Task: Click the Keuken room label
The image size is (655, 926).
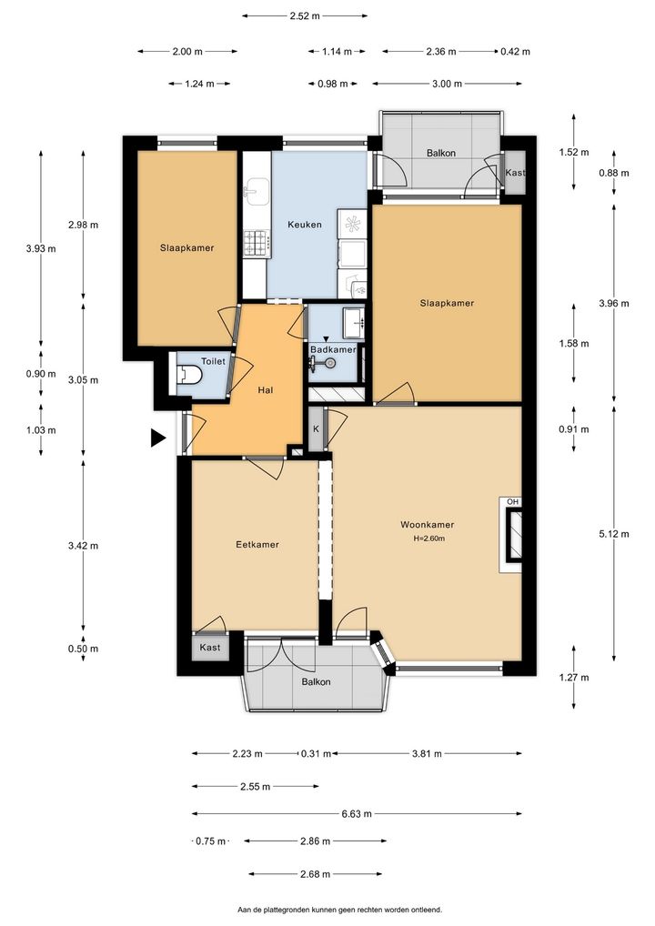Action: [x=305, y=225]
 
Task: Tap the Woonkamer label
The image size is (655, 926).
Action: [x=427, y=525]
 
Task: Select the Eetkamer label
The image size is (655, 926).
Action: [x=257, y=545]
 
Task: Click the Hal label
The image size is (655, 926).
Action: [x=266, y=389]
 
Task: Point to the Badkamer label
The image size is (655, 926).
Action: [x=333, y=349]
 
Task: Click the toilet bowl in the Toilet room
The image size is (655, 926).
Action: [x=189, y=374]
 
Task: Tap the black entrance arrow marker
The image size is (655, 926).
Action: [x=157, y=438]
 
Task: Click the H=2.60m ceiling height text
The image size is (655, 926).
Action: [x=428, y=538]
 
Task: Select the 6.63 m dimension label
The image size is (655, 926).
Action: [x=357, y=814]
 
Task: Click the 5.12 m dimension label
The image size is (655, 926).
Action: [x=614, y=534]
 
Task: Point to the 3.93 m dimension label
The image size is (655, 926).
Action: [x=41, y=248]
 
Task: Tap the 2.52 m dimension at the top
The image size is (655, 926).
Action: [x=305, y=16]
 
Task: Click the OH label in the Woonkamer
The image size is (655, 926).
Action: [x=513, y=502]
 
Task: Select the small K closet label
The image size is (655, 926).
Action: [x=316, y=428]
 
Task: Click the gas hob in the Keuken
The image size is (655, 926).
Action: [x=257, y=243]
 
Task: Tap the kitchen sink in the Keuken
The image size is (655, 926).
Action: [x=257, y=191]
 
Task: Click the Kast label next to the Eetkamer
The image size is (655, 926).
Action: [x=209, y=648]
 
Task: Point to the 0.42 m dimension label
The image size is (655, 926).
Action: [x=516, y=51]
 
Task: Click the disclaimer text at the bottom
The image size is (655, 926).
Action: [x=339, y=910]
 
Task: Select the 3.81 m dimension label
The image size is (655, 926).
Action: [x=427, y=753]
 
